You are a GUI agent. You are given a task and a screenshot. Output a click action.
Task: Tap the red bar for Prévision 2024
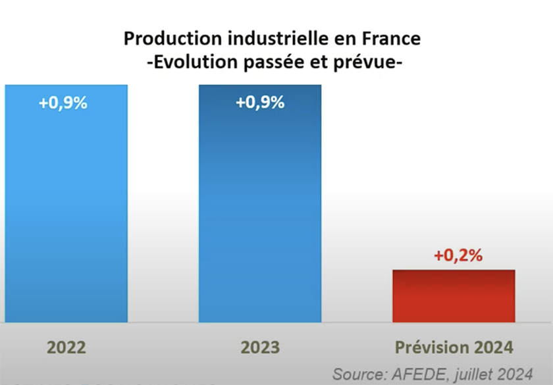(454, 295)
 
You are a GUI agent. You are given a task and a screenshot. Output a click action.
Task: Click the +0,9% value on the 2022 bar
(63, 103)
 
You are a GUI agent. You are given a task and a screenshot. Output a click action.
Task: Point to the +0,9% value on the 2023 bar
(260, 103)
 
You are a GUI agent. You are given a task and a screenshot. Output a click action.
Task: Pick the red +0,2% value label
(458, 255)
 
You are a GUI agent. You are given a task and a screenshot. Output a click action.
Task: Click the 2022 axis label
(66, 347)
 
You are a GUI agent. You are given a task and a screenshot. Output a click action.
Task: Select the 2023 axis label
(261, 347)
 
